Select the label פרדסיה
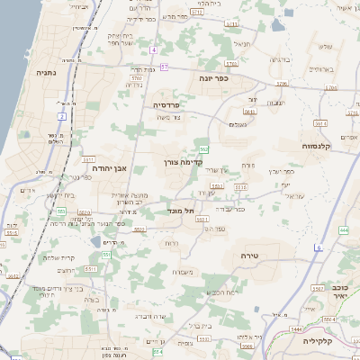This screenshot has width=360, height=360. [x=166, y=104]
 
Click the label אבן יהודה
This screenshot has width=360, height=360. [x=110, y=167]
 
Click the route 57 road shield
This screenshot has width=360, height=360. [x=164, y=67]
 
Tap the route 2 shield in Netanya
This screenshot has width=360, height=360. [x=62, y=116]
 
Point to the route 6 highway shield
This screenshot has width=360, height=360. [x=318, y=247]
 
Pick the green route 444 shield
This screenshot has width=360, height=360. [x=344, y=230]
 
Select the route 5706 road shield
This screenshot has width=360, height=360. [x=281, y=84]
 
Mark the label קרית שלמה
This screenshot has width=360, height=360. [x=58, y=257]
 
